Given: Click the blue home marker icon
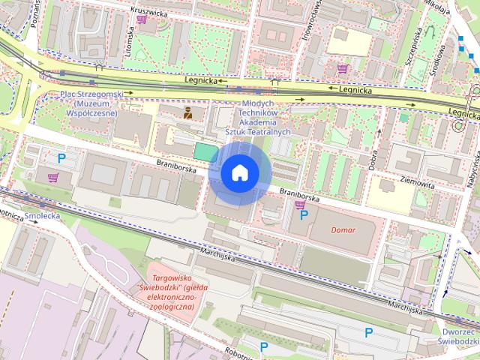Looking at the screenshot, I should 240,173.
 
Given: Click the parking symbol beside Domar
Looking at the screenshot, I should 304,215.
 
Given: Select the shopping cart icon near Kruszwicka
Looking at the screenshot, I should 142,20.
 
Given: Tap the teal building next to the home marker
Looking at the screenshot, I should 205,151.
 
